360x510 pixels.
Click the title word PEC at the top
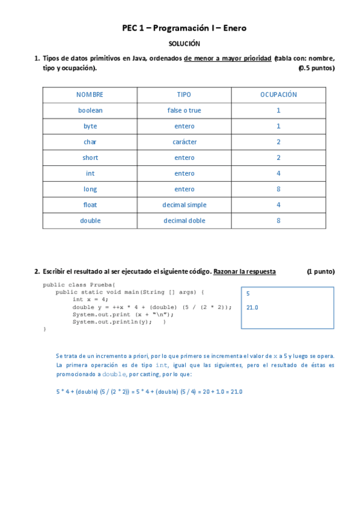click(x=130, y=28)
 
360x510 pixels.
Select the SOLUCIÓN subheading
click(x=184, y=44)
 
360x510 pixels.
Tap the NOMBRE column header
click(x=90, y=95)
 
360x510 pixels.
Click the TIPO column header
click(x=185, y=95)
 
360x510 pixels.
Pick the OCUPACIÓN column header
click(x=278, y=95)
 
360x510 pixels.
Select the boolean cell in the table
click(x=90, y=111)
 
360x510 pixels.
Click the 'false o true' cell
click(x=185, y=111)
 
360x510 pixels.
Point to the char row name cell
click(x=90, y=142)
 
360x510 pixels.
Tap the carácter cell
click(x=185, y=142)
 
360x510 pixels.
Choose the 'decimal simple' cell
click(x=185, y=205)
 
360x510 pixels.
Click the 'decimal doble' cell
click(x=185, y=221)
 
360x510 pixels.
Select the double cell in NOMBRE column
click(x=90, y=221)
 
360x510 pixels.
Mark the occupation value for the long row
click(x=278, y=189)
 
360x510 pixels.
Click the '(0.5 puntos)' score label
click(x=316, y=69)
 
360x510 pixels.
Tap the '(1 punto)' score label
click(x=320, y=271)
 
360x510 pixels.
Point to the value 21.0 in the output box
click(x=252, y=307)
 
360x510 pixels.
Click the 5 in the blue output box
click(x=248, y=293)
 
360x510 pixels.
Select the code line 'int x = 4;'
click(x=90, y=299)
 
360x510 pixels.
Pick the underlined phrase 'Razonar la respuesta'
click(x=245, y=271)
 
